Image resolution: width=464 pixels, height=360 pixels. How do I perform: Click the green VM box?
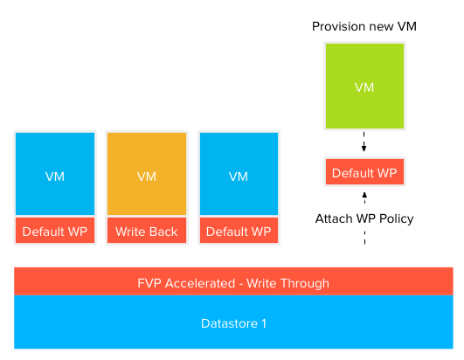click(364, 87)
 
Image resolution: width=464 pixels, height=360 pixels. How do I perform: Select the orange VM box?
click(147, 174)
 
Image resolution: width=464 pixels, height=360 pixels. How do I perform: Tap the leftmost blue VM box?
click(55, 174)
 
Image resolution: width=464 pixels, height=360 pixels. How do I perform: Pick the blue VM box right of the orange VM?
click(239, 174)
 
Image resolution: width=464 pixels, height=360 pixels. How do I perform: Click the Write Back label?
click(147, 231)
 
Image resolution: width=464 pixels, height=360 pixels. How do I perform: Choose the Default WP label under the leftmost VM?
click(55, 231)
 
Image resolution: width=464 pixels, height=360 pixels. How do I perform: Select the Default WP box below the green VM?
click(364, 172)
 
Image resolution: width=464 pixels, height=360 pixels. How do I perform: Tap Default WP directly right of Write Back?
click(239, 231)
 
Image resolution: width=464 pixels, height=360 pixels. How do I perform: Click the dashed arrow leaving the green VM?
click(364, 142)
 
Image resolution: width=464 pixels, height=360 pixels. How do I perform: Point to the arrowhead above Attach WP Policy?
click(364, 195)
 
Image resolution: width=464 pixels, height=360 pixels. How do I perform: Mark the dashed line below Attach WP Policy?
click(364, 238)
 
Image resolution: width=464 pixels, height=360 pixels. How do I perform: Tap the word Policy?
click(396, 219)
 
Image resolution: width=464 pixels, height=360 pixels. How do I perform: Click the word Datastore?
click(229, 323)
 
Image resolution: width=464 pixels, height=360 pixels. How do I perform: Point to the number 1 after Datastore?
click(264, 323)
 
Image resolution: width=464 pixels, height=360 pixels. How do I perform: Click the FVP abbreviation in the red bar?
click(149, 283)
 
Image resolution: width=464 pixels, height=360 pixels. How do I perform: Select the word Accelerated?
click(200, 283)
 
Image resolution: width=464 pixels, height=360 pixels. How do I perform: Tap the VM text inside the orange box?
click(147, 177)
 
